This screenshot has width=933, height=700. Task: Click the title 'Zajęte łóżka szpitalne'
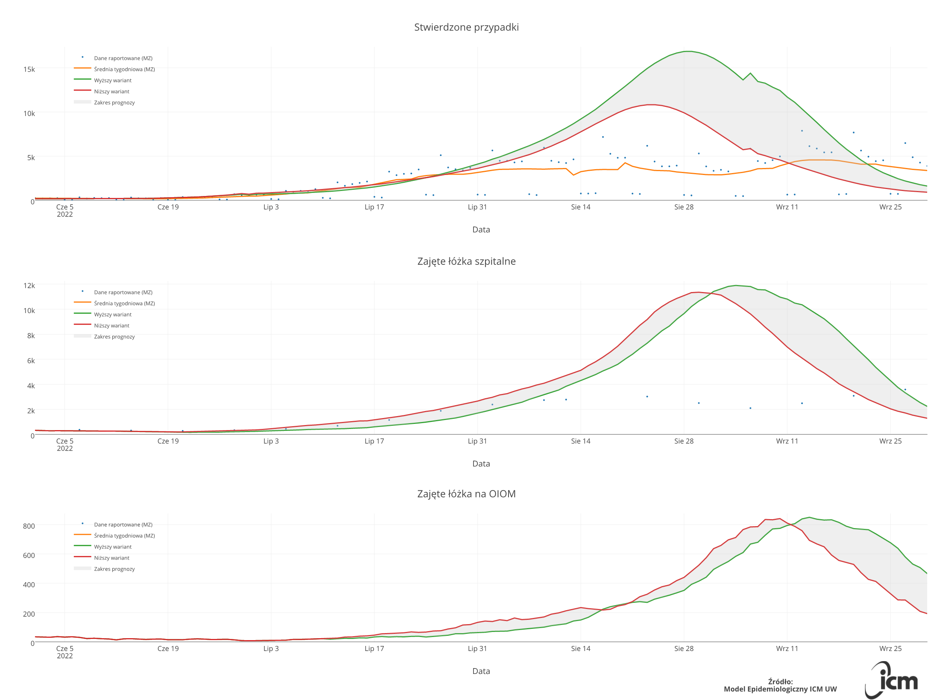tap(466, 261)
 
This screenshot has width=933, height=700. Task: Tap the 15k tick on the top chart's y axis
tap(29, 69)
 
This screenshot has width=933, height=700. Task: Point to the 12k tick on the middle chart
tap(29, 286)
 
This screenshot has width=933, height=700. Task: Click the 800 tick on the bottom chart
tap(29, 526)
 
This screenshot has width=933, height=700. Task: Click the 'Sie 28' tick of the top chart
tap(684, 207)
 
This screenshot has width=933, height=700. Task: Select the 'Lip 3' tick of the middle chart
tap(271, 441)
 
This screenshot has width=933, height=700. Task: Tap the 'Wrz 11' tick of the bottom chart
tap(787, 649)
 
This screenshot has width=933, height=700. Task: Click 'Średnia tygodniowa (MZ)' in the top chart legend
tap(124, 69)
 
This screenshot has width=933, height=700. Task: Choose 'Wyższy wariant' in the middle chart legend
tap(113, 314)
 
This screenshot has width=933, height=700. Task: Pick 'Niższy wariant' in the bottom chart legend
tap(111, 558)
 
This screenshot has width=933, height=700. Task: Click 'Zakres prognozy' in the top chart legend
tap(114, 103)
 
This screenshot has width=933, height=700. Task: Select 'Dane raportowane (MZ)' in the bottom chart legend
tap(123, 525)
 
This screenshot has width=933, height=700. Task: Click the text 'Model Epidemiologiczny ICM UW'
tap(780, 689)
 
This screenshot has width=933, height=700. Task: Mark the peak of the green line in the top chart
tap(688, 51)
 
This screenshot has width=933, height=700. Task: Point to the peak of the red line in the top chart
tap(651, 105)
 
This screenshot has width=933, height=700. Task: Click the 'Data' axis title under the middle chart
tap(481, 464)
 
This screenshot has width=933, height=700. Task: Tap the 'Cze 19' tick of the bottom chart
tap(168, 649)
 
